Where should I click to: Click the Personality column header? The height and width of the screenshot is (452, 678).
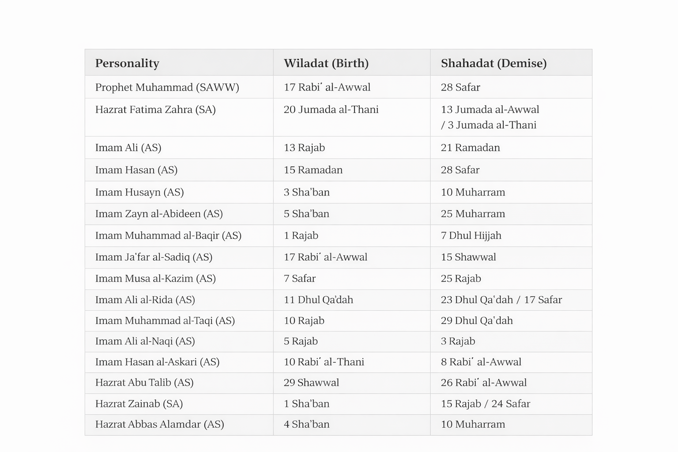(127, 63)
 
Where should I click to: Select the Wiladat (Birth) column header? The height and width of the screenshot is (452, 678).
(326, 63)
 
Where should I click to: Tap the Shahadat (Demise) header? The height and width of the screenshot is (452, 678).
(493, 63)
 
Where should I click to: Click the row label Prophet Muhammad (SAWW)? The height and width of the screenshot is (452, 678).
(167, 87)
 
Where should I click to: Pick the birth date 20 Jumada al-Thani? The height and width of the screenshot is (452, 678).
(331, 109)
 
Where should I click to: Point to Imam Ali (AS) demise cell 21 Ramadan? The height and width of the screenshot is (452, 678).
(470, 147)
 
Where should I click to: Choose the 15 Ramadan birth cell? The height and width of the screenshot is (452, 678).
(313, 170)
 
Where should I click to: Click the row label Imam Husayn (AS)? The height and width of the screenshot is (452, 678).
(139, 192)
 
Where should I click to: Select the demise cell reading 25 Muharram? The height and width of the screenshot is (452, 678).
(473, 214)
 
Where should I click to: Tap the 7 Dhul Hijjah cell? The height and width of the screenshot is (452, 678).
(471, 235)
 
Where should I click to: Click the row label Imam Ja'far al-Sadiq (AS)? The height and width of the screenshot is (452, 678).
(154, 257)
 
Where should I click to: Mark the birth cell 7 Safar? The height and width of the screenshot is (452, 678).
(300, 279)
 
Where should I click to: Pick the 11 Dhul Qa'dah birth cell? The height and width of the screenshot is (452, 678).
(318, 300)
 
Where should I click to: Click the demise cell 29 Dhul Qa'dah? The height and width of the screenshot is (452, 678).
(477, 320)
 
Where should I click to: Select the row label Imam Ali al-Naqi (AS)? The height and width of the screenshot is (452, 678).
(145, 341)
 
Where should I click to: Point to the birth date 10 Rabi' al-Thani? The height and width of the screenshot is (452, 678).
(324, 362)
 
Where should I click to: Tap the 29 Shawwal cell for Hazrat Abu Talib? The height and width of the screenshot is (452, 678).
(311, 383)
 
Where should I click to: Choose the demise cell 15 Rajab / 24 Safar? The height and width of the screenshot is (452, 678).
(485, 403)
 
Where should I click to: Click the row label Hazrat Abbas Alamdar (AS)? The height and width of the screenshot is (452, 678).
(159, 424)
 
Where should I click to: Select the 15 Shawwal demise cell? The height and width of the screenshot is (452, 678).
(468, 257)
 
